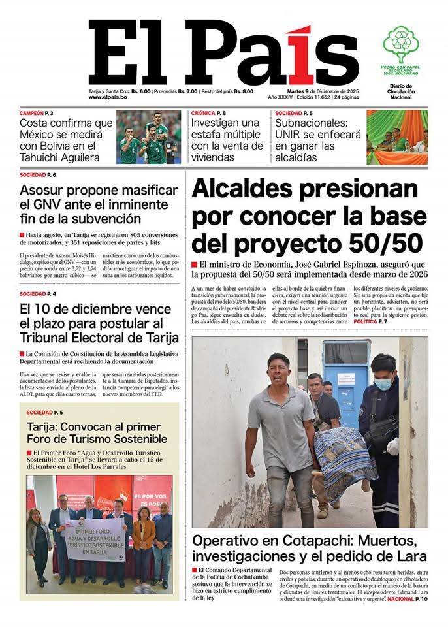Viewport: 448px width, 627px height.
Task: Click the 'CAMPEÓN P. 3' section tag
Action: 37,113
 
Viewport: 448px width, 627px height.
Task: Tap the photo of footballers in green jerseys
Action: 148,137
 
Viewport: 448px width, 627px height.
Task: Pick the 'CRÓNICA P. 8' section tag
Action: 209,113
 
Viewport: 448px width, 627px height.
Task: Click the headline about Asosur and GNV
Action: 98,204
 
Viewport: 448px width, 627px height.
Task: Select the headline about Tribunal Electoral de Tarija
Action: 98,323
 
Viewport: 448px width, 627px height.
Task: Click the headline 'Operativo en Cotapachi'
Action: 309,548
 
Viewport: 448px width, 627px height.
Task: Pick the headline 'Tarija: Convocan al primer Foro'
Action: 97,432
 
